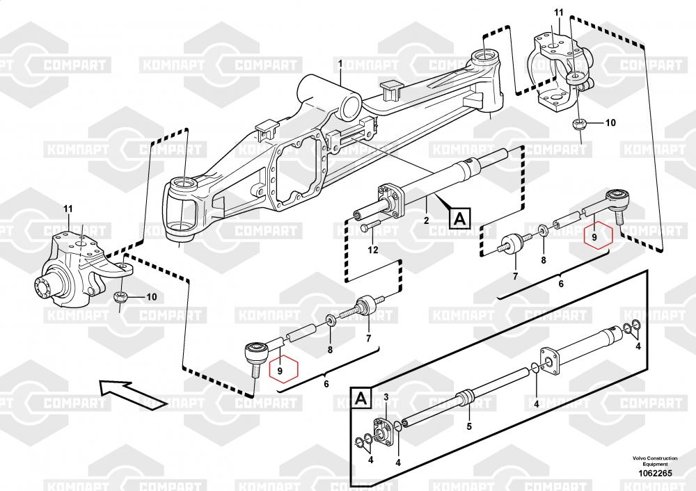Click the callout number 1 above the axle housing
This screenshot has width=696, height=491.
click(340, 64)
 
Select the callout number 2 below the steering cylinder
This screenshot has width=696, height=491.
click(426, 220)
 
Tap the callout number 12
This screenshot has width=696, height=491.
click(373, 250)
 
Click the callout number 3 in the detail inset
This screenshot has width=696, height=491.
click(386, 396)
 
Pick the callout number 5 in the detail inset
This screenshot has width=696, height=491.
click(468, 426)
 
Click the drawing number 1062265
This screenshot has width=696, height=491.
click(655, 473)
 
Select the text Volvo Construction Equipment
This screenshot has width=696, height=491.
click(655, 461)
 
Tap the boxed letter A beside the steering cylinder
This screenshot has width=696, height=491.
click(459, 218)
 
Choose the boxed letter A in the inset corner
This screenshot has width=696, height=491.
click(361, 398)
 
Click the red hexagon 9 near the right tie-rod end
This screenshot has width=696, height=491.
click(597, 236)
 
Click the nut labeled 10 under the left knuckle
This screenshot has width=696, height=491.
click(120, 297)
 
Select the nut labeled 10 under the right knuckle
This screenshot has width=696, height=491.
click(579, 124)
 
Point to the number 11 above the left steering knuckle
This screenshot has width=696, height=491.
click(68, 209)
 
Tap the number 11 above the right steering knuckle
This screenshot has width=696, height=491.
click(558, 13)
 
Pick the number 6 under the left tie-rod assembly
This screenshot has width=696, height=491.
click(326, 384)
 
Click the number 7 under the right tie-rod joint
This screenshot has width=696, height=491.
click(515, 276)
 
